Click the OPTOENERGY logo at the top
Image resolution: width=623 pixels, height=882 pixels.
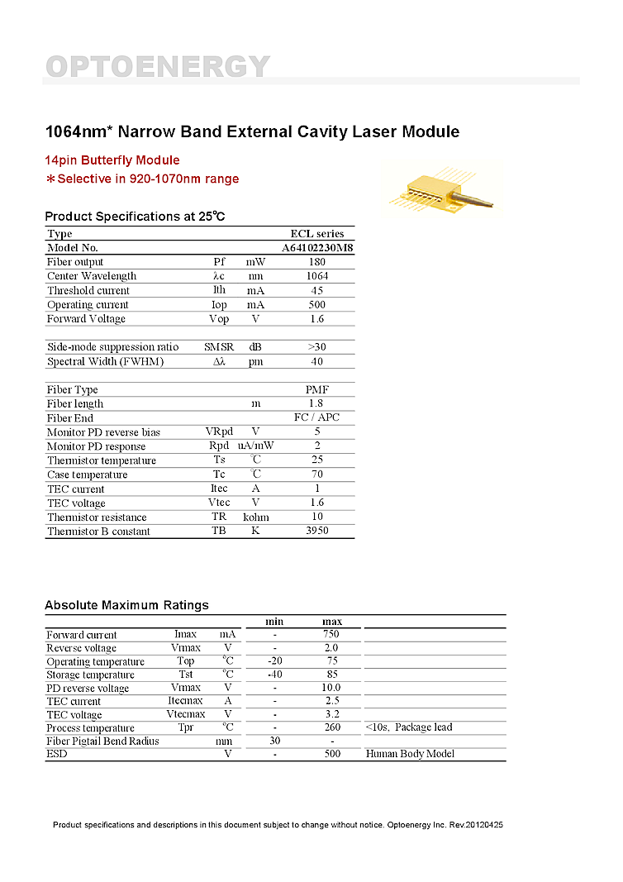point(157,66)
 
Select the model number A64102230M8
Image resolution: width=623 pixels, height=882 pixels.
point(317,248)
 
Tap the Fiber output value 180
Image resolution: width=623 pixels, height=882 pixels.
point(316,262)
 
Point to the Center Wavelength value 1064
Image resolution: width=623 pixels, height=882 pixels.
point(316,276)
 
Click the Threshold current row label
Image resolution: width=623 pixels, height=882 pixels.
point(88,291)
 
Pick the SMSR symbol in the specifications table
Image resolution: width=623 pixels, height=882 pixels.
point(219,347)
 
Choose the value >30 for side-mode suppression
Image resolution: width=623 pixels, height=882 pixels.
point(316,347)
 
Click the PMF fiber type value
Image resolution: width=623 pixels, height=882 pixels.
point(316,389)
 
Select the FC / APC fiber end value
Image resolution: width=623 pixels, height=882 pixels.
point(316,417)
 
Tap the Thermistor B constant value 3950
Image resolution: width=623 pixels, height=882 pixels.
point(316,531)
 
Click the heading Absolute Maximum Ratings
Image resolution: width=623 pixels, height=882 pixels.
point(126,605)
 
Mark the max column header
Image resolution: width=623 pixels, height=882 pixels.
point(332,622)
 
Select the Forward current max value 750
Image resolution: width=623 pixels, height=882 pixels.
point(332,635)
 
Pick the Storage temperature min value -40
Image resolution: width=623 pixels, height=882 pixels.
point(275,675)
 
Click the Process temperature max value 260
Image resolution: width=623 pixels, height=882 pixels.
point(332,727)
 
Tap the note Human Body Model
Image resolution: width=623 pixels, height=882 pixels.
point(410,754)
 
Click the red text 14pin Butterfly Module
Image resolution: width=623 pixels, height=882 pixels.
point(112,160)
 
